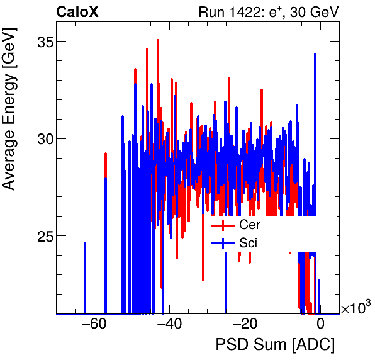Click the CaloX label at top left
click(x=76, y=11)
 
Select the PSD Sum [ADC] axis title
click(x=275, y=346)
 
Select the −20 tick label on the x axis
click(x=245, y=325)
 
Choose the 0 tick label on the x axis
click(x=320, y=325)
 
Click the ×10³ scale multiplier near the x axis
click(x=357, y=308)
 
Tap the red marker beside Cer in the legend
click(x=223, y=225)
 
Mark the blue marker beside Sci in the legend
click(x=223, y=242)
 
